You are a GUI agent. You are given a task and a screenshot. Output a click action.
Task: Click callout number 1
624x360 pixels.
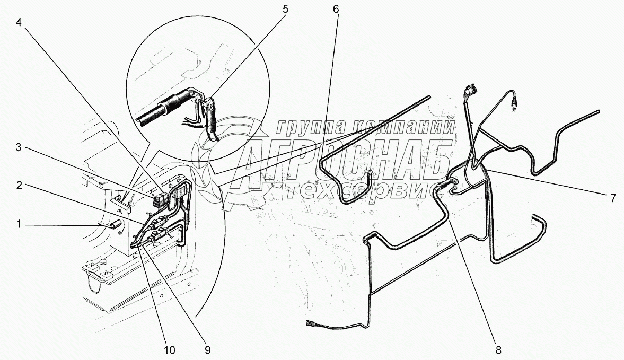coord(19,224)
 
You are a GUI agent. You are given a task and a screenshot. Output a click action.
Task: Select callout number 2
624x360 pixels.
coord(19,185)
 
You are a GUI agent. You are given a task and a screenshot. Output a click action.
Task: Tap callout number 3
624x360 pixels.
coord(19,147)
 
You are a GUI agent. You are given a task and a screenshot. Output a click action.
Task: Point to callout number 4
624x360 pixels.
coord(19,22)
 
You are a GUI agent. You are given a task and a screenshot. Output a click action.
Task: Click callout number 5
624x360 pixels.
coord(285,9)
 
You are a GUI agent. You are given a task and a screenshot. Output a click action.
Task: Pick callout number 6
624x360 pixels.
coord(336,9)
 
